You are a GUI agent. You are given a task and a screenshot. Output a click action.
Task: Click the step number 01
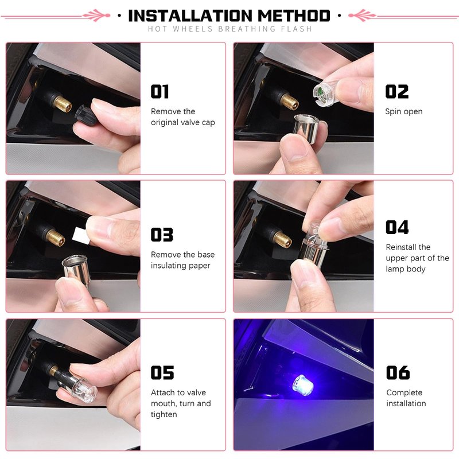click(x=160, y=91)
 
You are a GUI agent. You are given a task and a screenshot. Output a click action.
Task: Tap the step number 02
click(x=396, y=91)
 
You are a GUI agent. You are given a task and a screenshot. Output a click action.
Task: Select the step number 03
click(x=162, y=235)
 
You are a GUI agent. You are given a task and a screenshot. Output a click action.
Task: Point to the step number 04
click(x=397, y=227)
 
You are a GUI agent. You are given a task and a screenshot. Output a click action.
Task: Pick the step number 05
click(x=162, y=372)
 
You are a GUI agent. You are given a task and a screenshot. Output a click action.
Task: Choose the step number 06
click(x=398, y=372)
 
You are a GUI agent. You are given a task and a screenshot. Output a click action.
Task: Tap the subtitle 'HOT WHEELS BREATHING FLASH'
click(x=230, y=29)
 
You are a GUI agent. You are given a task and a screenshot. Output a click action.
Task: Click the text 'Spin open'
click(x=404, y=111)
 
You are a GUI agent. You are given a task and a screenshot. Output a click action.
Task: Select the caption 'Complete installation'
click(x=406, y=398)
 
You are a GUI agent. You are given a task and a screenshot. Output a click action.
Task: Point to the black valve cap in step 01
click(x=84, y=114)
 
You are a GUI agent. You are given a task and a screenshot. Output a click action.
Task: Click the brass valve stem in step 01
click(x=62, y=103)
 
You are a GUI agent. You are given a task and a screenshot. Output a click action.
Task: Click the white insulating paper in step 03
click(x=81, y=235)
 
